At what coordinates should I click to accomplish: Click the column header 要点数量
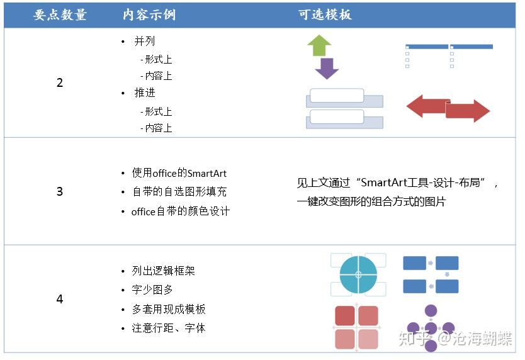click(60, 14)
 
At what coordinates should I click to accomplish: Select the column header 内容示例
click(149, 14)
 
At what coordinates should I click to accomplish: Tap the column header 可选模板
click(325, 14)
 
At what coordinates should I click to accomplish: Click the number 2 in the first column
click(60, 82)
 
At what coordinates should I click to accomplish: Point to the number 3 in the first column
click(60, 191)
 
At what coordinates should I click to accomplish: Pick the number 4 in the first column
click(60, 299)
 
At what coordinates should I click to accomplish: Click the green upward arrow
click(319, 45)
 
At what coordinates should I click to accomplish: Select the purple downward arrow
click(327, 69)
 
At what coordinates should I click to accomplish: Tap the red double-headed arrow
click(448, 108)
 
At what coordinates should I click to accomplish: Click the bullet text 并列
click(145, 41)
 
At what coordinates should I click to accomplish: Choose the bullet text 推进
click(145, 93)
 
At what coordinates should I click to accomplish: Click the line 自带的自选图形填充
click(179, 191)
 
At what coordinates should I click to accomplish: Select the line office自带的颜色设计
click(181, 211)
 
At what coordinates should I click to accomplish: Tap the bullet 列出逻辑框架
click(164, 271)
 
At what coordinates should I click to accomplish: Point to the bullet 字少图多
click(152, 290)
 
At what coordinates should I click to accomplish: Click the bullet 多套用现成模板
click(169, 309)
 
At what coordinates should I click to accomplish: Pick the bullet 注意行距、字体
click(169, 328)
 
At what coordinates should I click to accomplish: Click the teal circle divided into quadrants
click(358, 274)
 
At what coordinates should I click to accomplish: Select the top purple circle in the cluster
click(431, 311)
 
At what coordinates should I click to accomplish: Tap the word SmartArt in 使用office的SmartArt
click(207, 174)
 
